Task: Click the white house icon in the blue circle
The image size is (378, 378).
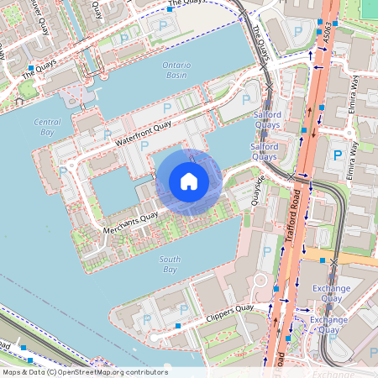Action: click(189, 181)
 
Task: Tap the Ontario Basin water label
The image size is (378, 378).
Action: click(176, 70)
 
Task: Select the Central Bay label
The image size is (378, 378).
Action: click(47, 127)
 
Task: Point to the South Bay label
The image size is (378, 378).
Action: click(170, 265)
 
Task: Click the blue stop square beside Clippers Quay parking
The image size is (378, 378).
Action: click(178, 325)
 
